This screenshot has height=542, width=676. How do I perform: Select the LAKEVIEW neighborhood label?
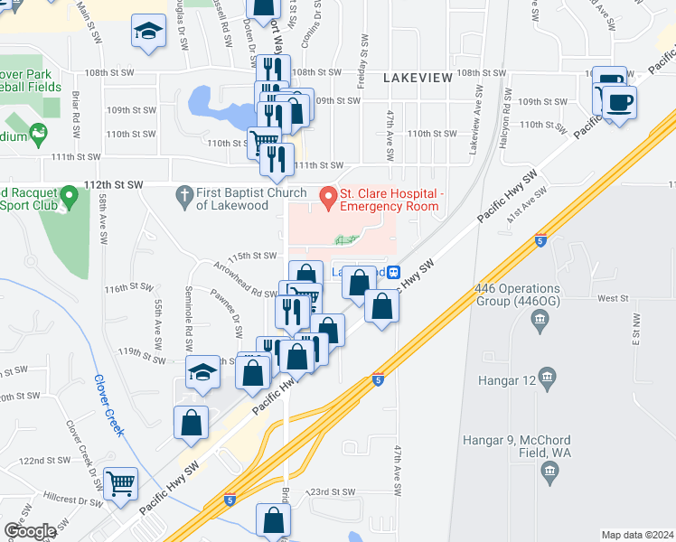(x=418, y=79)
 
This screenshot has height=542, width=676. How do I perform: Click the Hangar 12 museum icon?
(x=546, y=376)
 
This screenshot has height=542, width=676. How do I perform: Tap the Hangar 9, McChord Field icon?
(x=549, y=470)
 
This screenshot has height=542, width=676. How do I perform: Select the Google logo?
(x=30, y=531)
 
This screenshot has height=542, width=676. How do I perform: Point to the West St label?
(x=612, y=297)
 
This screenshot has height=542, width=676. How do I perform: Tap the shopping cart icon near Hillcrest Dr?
(x=121, y=483)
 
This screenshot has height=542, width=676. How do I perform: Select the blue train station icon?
(x=394, y=272)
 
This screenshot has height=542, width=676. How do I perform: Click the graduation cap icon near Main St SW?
(x=148, y=32)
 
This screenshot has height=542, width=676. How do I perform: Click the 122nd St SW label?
(x=44, y=461)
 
